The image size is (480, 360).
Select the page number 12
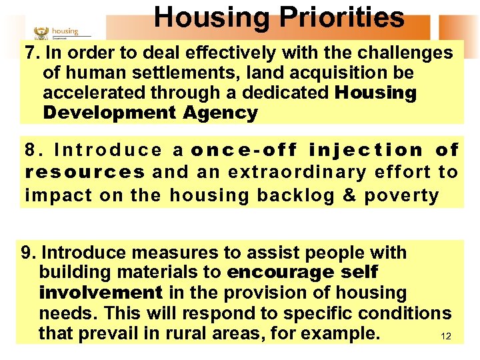click(446, 337)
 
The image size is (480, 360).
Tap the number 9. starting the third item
click(29, 253)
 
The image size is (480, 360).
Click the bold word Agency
click(220, 113)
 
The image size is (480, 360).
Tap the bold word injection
click(367, 151)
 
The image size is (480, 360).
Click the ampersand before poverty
click(351, 195)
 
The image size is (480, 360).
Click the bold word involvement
click(101, 293)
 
